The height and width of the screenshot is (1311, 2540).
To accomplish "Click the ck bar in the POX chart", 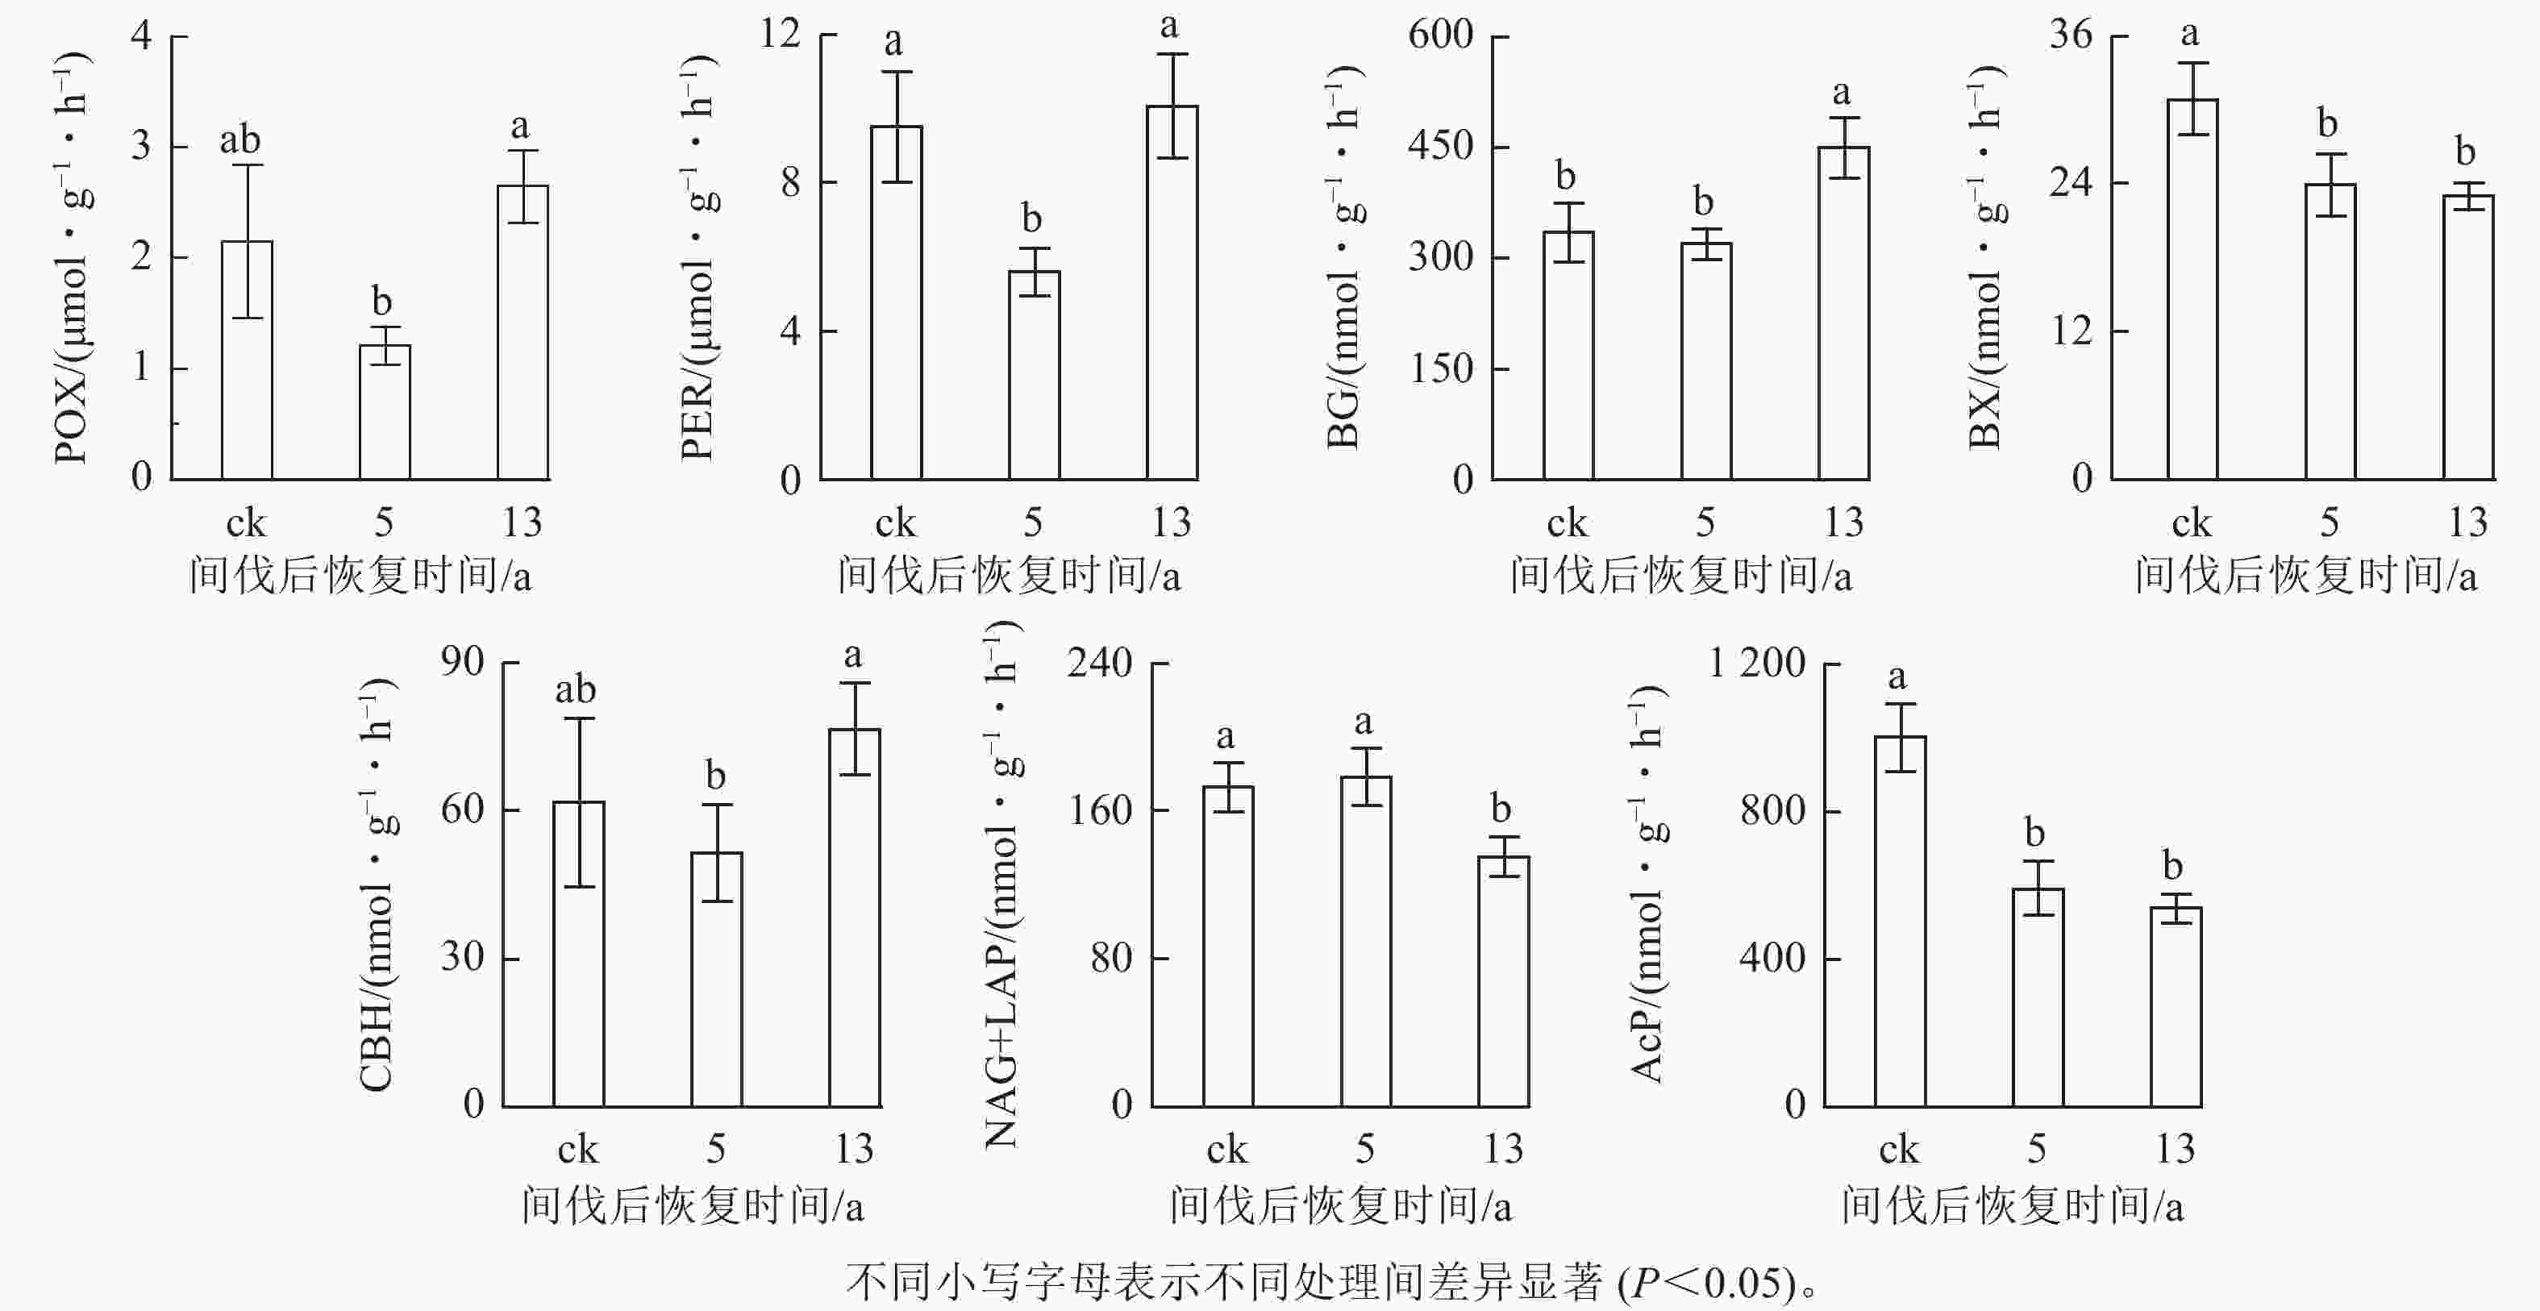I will [x=247, y=360].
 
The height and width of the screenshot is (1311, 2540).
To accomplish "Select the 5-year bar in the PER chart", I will [x=1034, y=376].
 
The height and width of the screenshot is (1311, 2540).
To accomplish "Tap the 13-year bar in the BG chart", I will [x=1843, y=314].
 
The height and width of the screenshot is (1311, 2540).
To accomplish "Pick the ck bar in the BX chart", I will [x=2192, y=289].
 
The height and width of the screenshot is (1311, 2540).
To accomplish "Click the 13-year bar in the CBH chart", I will [x=854, y=918].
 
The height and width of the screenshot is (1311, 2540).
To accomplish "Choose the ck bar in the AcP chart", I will [x=1900, y=922].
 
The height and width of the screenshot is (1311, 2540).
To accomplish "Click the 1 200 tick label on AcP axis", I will [x=1757, y=663].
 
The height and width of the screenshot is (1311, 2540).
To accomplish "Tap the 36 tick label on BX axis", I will [x=2071, y=35].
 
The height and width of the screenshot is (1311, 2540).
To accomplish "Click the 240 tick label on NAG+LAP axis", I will [x=1101, y=663].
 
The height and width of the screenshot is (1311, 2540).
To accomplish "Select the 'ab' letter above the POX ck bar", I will [x=239, y=140].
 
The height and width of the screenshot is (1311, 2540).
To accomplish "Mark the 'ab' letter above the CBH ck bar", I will [x=575, y=689].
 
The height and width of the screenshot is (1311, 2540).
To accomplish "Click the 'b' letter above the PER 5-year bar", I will [x=1031, y=217].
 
